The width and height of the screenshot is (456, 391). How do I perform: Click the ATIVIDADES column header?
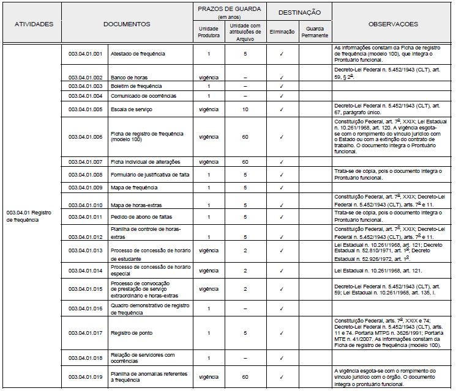[x=34, y=24]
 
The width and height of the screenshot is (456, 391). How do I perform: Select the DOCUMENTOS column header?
[x=127, y=24]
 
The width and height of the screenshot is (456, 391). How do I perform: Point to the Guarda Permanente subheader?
[x=316, y=31]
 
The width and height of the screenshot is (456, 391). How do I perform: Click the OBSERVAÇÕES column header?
[x=393, y=24]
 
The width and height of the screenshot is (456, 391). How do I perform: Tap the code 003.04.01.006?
[x=84, y=136]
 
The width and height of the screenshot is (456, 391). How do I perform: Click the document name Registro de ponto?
[x=132, y=333]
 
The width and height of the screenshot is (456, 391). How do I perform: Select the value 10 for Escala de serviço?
[x=245, y=109]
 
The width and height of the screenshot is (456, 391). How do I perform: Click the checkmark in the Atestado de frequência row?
[x=282, y=54]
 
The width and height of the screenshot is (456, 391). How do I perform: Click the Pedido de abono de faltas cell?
[x=140, y=217]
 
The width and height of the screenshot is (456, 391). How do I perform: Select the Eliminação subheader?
[x=282, y=31]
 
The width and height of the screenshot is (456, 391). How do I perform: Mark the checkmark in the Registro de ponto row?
[x=282, y=333]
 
